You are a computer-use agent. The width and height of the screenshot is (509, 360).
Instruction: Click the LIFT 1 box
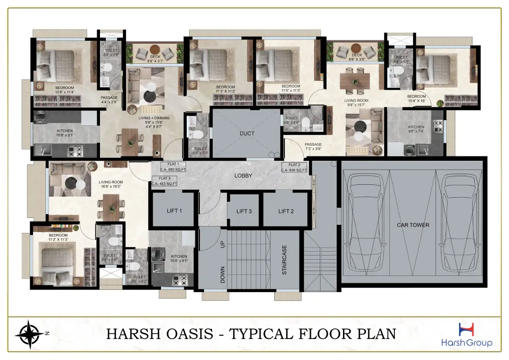click(174, 210)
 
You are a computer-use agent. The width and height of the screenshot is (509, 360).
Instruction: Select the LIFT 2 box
click(285, 210)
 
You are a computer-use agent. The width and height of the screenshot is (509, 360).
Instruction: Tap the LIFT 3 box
click(244, 211)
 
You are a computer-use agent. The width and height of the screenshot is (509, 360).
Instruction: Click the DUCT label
click(247, 133)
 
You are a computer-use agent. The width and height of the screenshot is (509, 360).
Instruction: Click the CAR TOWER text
click(413, 225)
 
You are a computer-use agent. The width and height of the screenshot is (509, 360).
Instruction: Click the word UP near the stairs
click(223, 244)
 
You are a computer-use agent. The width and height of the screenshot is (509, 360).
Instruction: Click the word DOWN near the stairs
click(223, 274)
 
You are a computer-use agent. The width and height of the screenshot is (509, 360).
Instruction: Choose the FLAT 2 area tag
click(294, 167)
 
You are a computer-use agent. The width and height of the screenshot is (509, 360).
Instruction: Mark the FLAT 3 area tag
click(165, 181)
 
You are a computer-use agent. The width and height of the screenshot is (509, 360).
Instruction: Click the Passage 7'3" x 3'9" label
click(313, 147)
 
